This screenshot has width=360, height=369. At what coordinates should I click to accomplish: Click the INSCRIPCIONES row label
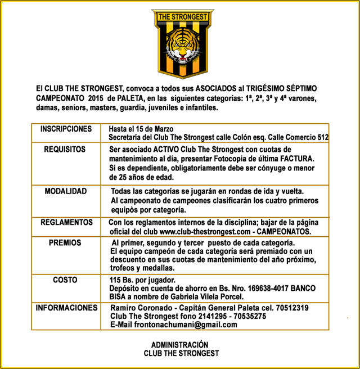tap(66, 129)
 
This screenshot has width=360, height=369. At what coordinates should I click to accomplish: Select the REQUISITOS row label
tap(65, 150)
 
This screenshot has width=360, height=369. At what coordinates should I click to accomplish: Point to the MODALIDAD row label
tap(66, 191)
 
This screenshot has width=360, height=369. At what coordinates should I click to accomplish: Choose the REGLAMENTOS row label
tap(66, 223)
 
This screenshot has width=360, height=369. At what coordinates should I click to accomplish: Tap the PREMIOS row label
tap(65, 243)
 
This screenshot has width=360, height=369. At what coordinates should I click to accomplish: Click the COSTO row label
tap(65, 280)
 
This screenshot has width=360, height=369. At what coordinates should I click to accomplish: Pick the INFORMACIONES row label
tap(66, 308)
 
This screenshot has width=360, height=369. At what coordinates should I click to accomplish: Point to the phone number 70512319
tap(289, 308)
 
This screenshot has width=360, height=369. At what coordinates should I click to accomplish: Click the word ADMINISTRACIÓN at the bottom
tap(180, 345)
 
